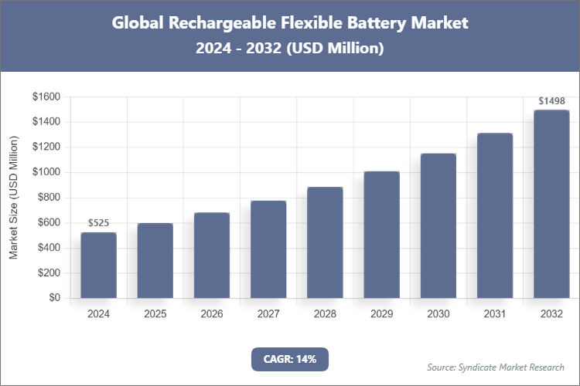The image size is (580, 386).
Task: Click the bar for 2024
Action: pos(98,266)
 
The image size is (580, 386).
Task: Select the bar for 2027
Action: pos(268,249)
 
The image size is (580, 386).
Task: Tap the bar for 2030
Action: pos(438,225)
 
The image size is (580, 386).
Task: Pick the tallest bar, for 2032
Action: pos(551,204)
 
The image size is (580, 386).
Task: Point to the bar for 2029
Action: pos(381,235)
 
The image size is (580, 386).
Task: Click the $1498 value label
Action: pos(551,101)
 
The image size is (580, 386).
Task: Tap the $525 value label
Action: pos(98,223)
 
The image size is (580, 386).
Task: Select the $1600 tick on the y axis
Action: pos(46,97)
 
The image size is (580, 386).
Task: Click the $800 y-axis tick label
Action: pos(48,198)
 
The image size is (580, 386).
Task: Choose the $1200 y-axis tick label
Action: pos(46,147)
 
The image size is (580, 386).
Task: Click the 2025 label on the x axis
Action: pos(155,314)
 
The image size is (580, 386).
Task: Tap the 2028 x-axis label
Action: pos(325,314)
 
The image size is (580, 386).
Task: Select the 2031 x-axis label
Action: pos(495,314)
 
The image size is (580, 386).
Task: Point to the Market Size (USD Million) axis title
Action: pos(13,198)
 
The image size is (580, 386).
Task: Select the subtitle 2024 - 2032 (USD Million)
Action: pos(290,49)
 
